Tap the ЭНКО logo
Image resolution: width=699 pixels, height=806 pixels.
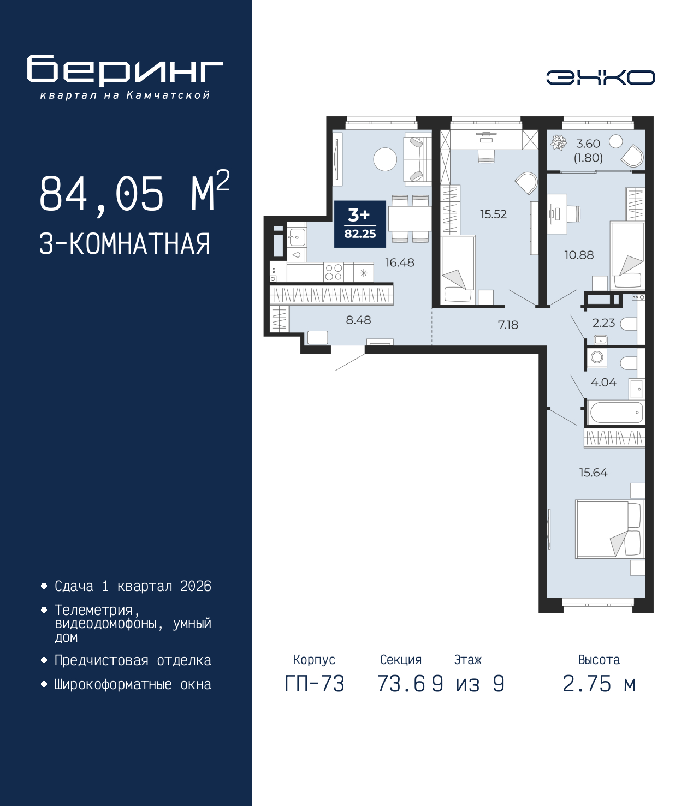[x=600, y=77]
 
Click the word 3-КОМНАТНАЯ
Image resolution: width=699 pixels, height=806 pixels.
[x=125, y=244]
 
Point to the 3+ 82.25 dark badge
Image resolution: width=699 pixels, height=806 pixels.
[x=360, y=224]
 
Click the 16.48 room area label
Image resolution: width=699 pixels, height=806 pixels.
[x=399, y=262]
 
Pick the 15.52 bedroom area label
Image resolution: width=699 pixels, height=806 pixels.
[x=493, y=214]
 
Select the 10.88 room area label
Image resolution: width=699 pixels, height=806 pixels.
[x=578, y=255]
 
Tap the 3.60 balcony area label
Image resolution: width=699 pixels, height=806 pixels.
[x=588, y=144]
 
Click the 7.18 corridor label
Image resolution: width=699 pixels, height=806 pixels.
[x=507, y=325]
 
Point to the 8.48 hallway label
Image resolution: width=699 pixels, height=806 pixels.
[x=358, y=320]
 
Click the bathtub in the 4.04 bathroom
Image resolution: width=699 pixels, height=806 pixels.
[x=615, y=413]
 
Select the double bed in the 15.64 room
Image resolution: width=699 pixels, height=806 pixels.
[x=608, y=529]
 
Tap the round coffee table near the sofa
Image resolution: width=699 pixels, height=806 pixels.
[x=385, y=159]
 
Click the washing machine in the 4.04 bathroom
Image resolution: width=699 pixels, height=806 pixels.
[x=597, y=357]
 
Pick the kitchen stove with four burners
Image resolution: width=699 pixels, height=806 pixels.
[x=333, y=272]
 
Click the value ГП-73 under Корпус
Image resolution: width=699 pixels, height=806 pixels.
[x=315, y=684]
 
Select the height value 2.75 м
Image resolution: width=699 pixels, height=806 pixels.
[x=599, y=684]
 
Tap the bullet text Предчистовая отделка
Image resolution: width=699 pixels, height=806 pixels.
[x=133, y=660]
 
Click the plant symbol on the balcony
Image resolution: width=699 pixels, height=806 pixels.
[x=559, y=143]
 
